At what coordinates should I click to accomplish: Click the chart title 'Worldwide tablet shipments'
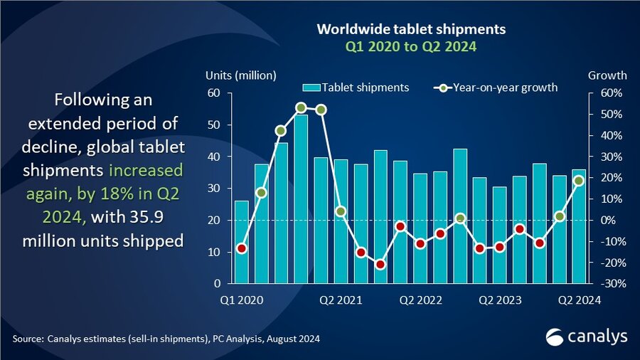point(410,30)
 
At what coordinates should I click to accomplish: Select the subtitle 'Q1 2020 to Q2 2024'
point(410,47)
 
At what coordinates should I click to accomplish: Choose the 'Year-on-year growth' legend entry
point(496,88)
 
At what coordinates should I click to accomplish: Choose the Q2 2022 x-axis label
point(420,300)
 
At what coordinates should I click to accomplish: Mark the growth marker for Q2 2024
point(580,181)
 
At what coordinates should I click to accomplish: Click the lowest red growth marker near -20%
point(380,265)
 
